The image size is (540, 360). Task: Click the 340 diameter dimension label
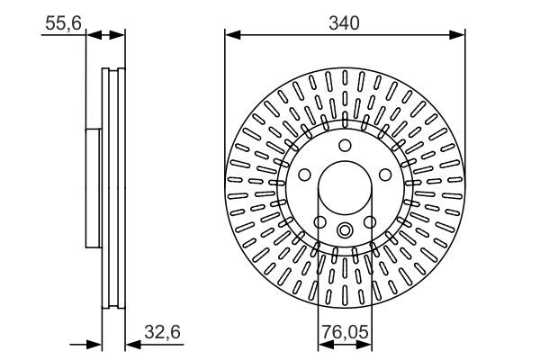(x=344, y=23)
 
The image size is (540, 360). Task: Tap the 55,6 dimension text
(x=62, y=23)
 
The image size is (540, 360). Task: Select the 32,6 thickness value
(x=164, y=332)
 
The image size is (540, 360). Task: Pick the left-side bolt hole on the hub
(x=304, y=175)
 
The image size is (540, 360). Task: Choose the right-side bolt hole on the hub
(x=385, y=175)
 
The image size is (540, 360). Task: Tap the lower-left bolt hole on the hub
(x=319, y=221)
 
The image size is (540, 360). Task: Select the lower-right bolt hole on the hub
(x=369, y=221)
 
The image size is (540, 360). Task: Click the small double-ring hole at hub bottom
(x=345, y=230)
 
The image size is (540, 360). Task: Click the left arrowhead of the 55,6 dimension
(x=91, y=35)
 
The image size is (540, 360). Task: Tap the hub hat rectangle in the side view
(x=94, y=187)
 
